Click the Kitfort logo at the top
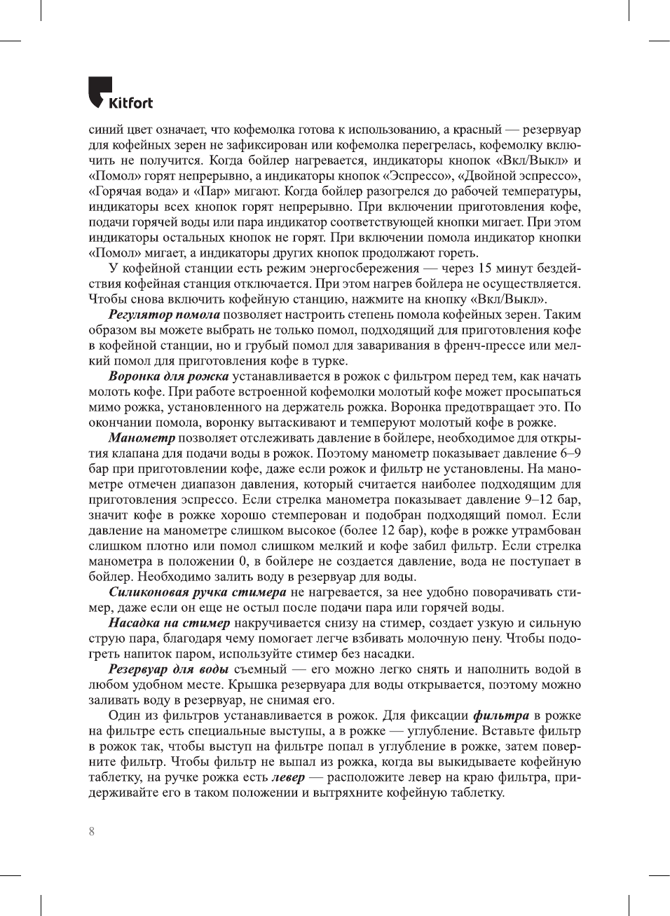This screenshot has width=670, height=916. click(120, 93)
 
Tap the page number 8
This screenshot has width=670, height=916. click(92, 831)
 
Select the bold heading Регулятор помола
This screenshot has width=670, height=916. click(164, 315)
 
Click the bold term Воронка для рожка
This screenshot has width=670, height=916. click(168, 376)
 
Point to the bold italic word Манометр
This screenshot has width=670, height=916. click(142, 438)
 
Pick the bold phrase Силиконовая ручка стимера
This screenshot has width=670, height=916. click(198, 592)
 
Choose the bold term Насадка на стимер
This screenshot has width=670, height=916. click(169, 623)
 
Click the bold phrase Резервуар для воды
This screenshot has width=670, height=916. click(168, 669)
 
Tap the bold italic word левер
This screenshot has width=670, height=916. click(288, 777)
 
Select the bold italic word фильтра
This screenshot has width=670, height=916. click(501, 716)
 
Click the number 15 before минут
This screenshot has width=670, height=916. click(484, 268)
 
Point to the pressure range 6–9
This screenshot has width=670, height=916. click(570, 453)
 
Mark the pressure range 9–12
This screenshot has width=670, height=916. click(540, 500)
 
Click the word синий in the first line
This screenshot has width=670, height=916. click(104, 130)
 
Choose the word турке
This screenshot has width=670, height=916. click(328, 361)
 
